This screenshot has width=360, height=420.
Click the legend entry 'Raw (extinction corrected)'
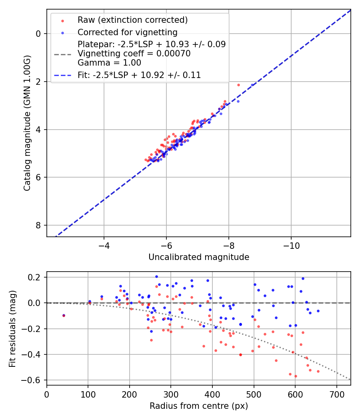pyautogui.click(x=132, y=20)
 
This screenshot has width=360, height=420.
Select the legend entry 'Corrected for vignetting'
pyautogui.click(x=127, y=32)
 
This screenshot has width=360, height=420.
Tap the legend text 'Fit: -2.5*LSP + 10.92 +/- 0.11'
pyautogui.click(x=139, y=75)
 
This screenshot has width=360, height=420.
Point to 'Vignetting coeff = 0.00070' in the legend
pyautogui.click(x=134, y=54)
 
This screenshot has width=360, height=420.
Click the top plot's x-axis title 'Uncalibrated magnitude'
pyautogui.click(x=199, y=257)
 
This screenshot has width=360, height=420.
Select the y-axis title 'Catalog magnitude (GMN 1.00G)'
pyautogui.click(x=27, y=122)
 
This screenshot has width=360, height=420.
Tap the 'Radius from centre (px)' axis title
pyautogui.click(x=199, y=406)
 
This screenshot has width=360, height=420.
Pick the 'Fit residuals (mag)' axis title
pyautogui.click(x=12, y=328)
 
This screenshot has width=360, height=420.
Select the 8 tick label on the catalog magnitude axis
pyautogui.click(x=39, y=225)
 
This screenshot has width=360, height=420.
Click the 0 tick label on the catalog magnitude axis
pyautogui.click(x=39, y=34)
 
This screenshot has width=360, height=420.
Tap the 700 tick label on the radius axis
pyautogui.click(x=336, y=394)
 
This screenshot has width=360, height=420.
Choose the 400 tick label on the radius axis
pyautogui.click(x=212, y=394)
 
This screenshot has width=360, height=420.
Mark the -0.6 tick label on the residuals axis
pyautogui.click(x=32, y=380)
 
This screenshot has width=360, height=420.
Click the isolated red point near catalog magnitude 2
pyautogui.click(x=238, y=85)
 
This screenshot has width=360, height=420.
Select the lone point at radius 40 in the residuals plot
pyautogui.click(x=63, y=315)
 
